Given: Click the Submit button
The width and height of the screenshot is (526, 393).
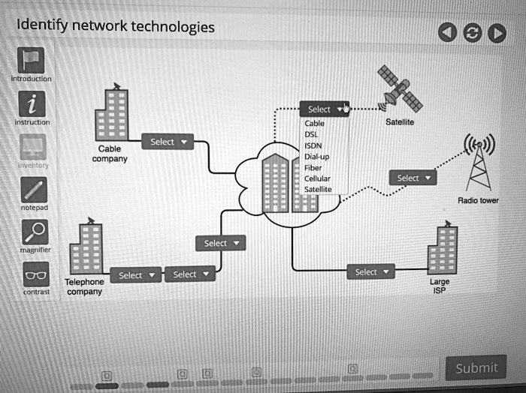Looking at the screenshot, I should [x=476, y=367].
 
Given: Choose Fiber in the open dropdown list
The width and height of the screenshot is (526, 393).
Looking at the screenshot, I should [x=313, y=168].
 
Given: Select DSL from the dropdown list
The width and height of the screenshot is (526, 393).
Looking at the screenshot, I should [x=312, y=134].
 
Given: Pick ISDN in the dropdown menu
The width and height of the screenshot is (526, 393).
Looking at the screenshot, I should [x=313, y=145].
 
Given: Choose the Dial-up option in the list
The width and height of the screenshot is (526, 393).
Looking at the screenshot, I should [x=316, y=157].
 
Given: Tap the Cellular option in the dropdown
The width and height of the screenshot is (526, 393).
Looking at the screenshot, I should [x=317, y=179].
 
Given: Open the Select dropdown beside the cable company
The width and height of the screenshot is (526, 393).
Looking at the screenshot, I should [x=167, y=142].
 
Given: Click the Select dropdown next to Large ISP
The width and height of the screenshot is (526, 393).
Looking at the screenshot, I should [x=370, y=271].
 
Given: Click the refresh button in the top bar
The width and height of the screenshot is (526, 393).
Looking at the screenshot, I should [x=472, y=32].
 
